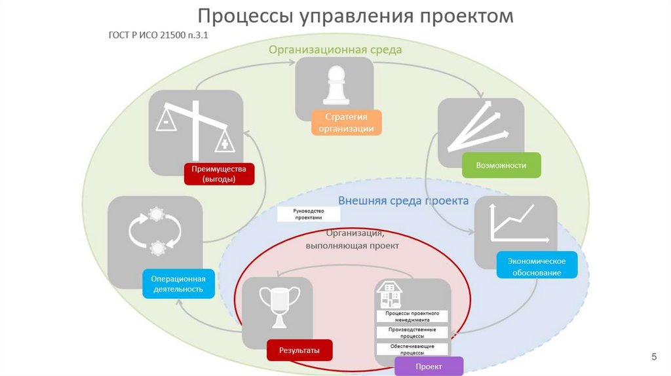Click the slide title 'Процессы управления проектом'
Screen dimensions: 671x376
356,16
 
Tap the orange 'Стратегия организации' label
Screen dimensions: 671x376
346,122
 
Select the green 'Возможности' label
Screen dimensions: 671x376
502,165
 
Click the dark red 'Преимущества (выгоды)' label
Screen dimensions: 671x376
219,174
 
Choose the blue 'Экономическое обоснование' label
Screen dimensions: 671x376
537,267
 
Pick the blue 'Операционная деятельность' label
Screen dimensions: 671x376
179,284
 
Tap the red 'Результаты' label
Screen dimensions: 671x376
299,350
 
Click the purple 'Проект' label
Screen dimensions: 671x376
429,366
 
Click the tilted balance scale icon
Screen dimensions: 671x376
195,126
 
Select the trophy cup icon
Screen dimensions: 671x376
279,306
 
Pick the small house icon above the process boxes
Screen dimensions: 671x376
391,296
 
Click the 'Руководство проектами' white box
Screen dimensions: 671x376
309,214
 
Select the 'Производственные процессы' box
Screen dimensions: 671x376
412,332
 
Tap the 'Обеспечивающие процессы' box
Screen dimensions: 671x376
412,348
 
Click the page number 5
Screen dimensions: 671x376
653,356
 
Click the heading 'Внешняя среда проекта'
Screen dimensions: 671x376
403,200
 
